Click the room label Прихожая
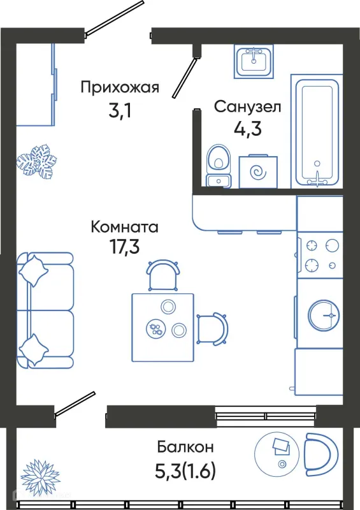[x=119, y=88]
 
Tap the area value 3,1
[x=119, y=112]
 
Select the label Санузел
[x=247, y=106]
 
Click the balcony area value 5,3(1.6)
[x=185, y=471]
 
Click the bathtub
[x=317, y=131]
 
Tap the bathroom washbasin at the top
[x=253, y=61]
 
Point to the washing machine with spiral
[x=259, y=171]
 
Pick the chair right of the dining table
[x=212, y=328]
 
